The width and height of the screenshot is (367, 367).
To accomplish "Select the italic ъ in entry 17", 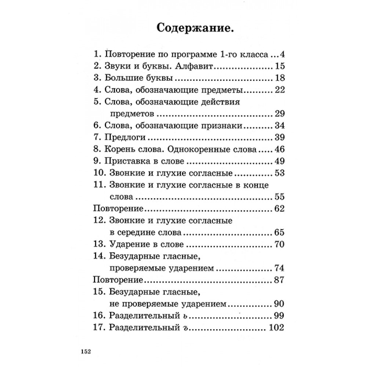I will click(x=190, y=328).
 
